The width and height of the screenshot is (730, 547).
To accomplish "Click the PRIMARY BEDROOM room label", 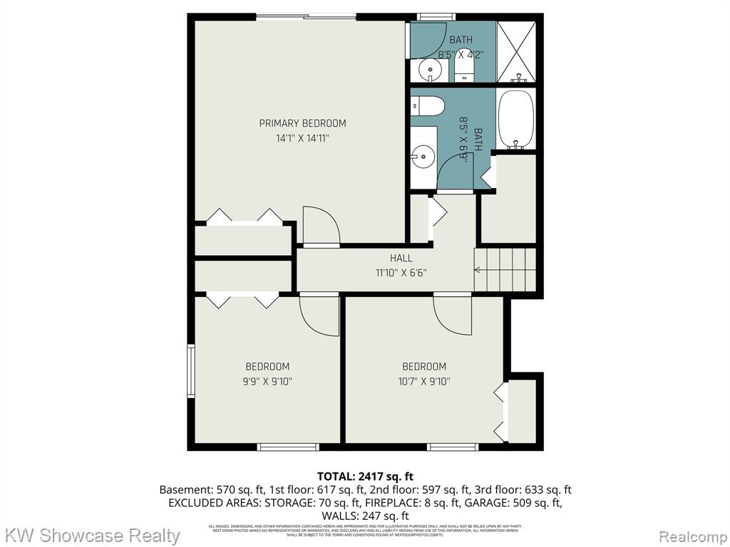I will (302, 123).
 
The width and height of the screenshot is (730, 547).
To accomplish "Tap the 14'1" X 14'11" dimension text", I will (302, 138).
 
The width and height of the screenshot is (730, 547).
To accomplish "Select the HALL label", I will (401, 258).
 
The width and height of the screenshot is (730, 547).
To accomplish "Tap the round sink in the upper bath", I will (429, 69).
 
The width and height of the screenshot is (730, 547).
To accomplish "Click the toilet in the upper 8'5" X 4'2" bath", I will (464, 68).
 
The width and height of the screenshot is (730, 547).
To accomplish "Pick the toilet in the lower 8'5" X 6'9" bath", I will (428, 106).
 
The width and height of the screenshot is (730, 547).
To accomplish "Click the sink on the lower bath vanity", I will (423, 153).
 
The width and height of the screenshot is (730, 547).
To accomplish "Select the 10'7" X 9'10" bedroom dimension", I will (423, 381).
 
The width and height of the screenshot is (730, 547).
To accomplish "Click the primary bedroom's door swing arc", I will (322, 225).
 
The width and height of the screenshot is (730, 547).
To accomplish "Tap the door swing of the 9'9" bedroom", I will (319, 315).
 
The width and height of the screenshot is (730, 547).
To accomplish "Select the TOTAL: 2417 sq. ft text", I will (365, 476).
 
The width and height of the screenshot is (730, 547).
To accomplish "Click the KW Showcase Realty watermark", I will (93, 535).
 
